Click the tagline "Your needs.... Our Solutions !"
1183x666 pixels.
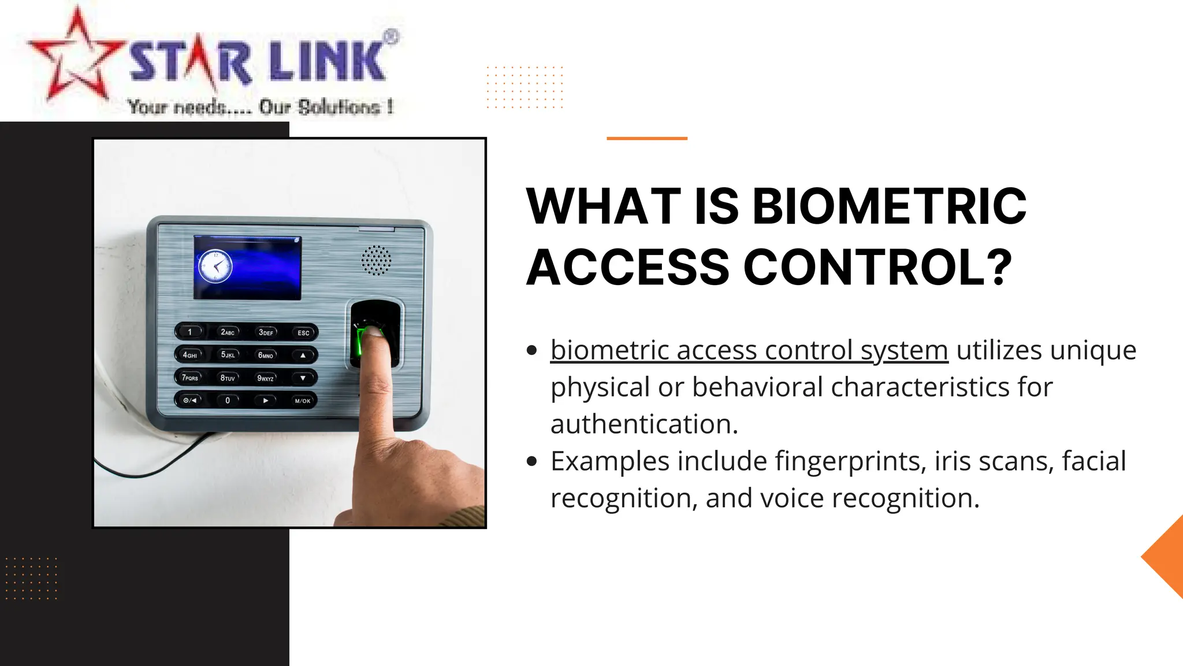pos(261,107)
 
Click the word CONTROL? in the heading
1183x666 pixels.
pos(877,267)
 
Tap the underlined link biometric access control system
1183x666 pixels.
pos(749,350)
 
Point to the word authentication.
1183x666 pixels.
pos(644,424)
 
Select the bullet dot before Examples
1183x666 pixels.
pos(532,461)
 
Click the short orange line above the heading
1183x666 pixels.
pos(646,138)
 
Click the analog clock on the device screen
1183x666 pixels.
pos(215,267)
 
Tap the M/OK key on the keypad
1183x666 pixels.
pos(302,401)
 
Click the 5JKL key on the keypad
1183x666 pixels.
pos(228,355)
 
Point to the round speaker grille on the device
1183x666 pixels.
pos(376,260)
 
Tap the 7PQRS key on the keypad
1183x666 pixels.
pos(190,378)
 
